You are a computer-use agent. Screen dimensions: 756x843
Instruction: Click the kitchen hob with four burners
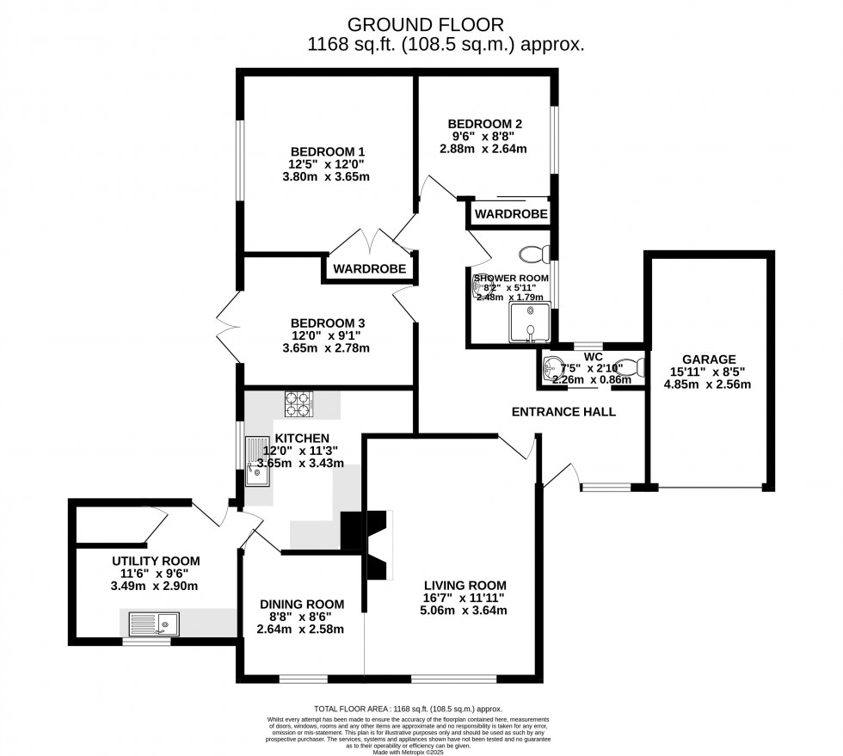click(298, 404)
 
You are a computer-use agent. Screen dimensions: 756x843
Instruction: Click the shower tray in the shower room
click(526, 323)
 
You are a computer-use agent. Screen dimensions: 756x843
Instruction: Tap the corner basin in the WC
click(551, 368)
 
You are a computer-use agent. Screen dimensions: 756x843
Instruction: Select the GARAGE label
click(709, 360)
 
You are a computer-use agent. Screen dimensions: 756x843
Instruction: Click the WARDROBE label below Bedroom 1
click(370, 268)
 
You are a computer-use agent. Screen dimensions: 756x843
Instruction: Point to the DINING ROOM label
click(302, 604)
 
